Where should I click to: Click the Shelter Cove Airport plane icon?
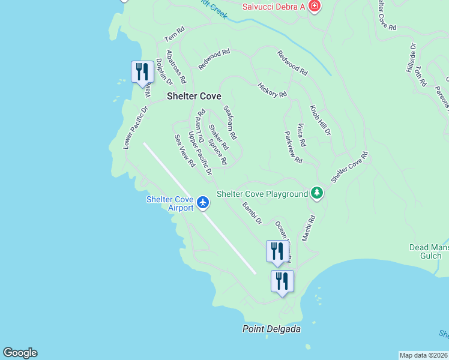[203, 202]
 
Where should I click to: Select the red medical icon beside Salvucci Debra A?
[314, 7]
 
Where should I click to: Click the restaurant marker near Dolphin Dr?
[142, 71]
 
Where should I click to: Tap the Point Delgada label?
[271, 329]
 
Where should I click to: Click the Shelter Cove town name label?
[194, 96]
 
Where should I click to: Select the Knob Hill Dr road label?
[320, 121]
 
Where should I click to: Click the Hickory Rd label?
[272, 90]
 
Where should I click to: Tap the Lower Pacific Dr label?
[135, 128]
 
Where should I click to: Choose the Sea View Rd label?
[185, 151]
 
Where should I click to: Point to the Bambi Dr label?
[252, 213]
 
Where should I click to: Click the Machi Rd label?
[309, 229]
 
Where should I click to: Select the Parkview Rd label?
[293, 148]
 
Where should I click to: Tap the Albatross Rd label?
[176, 67]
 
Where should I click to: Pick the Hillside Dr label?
[411, 58]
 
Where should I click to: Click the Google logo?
[20, 353]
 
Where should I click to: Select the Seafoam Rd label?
[230, 122]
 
